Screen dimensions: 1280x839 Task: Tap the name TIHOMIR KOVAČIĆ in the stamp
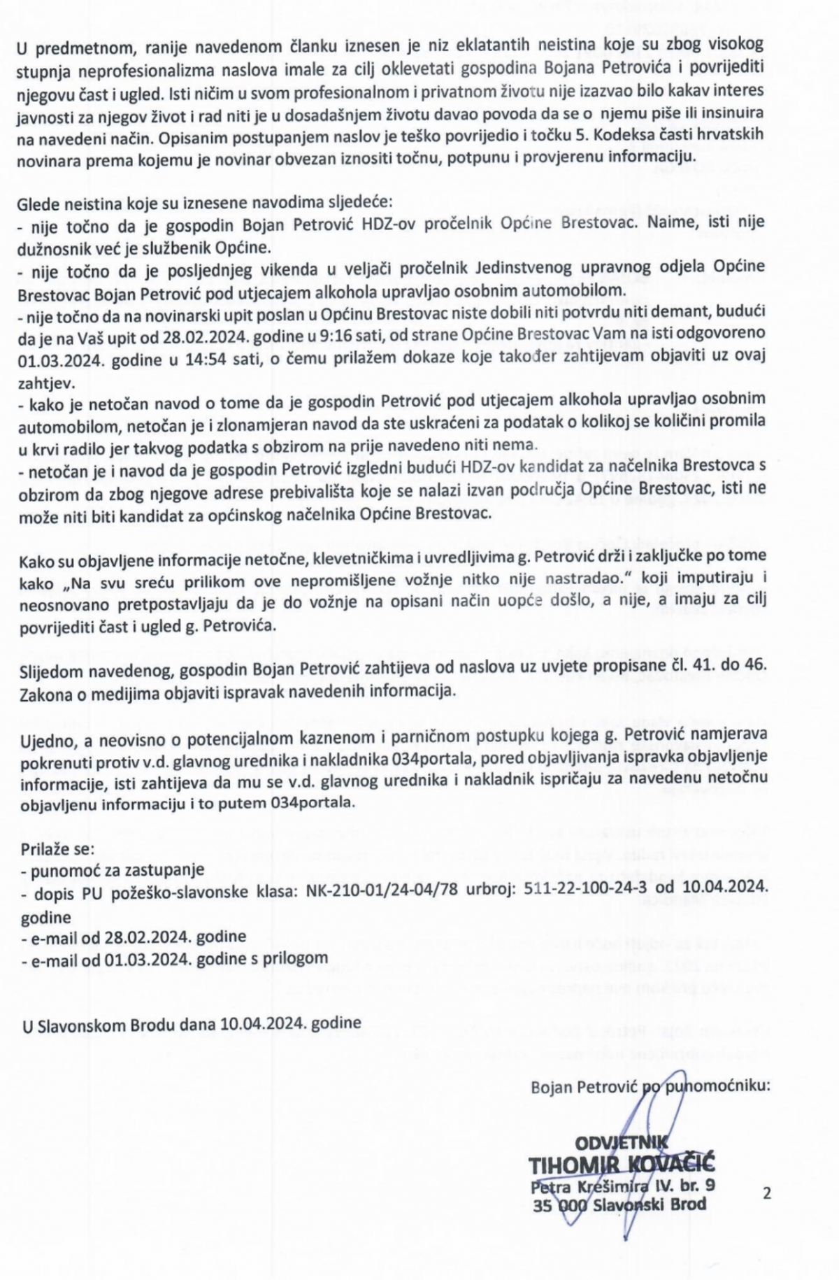(622, 1166)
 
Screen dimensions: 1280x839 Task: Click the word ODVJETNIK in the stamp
(622, 1144)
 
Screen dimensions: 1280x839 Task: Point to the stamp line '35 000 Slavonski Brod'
(619, 1204)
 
